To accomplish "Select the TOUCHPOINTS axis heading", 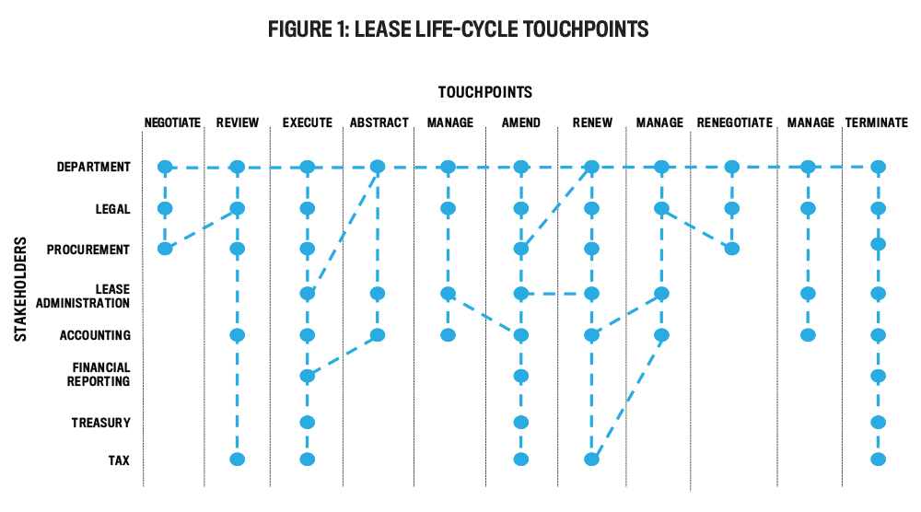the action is click(x=485, y=92).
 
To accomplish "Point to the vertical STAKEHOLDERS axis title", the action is click(x=20, y=289).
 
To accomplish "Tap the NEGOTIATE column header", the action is click(x=173, y=122).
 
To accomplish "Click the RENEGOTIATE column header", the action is click(x=735, y=122).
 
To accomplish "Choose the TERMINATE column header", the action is click(x=877, y=122).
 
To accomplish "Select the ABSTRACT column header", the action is click(x=379, y=122).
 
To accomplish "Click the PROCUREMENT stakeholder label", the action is click(x=88, y=250).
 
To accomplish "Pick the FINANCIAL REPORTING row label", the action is click(x=99, y=375).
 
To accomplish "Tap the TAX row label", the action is click(x=119, y=460).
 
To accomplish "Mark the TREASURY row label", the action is click(x=100, y=423).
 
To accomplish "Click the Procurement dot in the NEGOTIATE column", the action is click(x=165, y=249).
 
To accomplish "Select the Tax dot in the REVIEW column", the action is click(x=238, y=460).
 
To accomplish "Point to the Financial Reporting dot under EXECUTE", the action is click(x=308, y=376).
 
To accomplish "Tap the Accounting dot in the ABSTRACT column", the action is click(x=378, y=335).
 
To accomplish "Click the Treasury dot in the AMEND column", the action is click(x=521, y=422).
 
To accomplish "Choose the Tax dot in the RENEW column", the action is click(x=592, y=460).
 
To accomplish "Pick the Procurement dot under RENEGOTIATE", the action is click(x=732, y=249).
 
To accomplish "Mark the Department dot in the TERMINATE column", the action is click(x=878, y=168).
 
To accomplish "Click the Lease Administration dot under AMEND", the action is click(x=521, y=293).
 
